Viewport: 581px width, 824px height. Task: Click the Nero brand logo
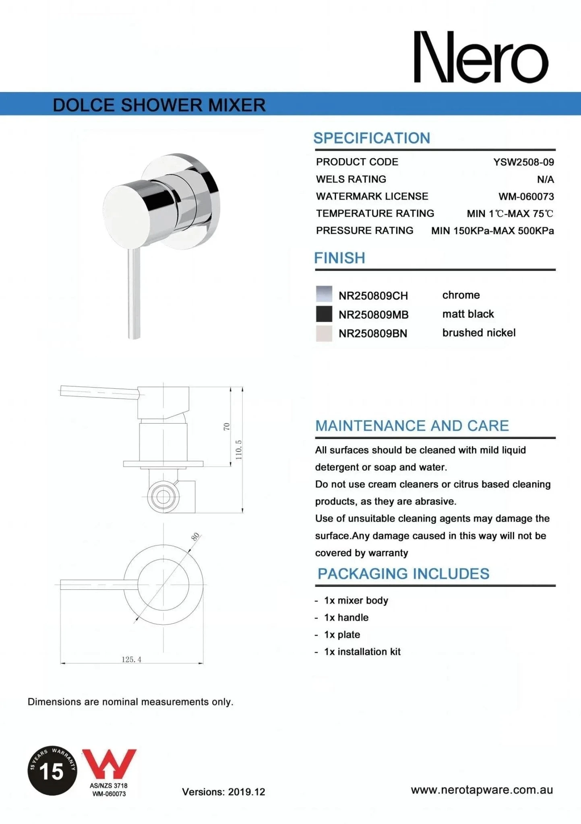point(481,58)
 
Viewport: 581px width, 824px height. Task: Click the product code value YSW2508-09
point(523,162)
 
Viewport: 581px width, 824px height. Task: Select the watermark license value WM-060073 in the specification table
point(526,197)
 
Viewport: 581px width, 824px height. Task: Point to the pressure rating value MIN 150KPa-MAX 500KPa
point(492,231)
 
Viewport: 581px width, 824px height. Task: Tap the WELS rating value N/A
point(545,179)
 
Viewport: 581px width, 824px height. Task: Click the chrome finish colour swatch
point(324,294)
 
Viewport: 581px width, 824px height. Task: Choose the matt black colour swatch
point(324,314)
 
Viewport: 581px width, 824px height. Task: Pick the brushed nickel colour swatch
point(324,333)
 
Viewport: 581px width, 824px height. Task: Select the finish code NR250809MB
point(373,315)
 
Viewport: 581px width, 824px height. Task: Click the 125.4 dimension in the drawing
point(131,659)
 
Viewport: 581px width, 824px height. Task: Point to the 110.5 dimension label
point(239,449)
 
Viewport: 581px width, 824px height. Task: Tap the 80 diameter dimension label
point(195,537)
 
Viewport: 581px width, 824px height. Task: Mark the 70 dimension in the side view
point(227,426)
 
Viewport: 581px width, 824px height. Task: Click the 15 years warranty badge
point(52,770)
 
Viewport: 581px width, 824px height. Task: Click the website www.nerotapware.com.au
point(482,790)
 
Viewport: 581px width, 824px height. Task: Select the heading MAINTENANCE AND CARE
point(412,426)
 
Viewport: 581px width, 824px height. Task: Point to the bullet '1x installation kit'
point(362,652)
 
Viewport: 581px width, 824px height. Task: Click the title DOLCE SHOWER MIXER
point(159,105)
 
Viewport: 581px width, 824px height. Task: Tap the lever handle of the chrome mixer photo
point(134,294)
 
